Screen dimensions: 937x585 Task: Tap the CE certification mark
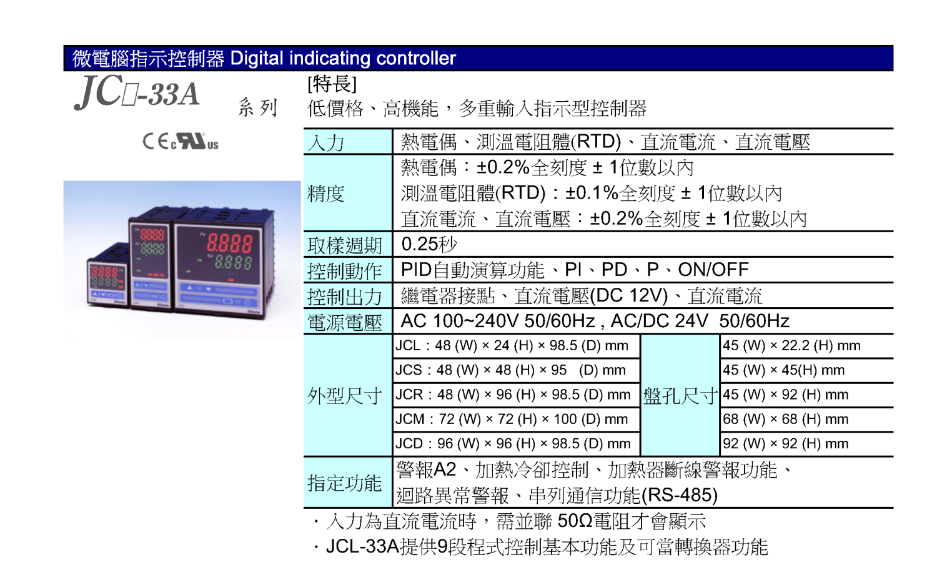click(156, 141)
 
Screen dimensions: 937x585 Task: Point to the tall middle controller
click(151, 258)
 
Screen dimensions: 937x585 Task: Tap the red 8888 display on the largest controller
click(230, 243)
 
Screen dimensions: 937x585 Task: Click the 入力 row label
click(325, 142)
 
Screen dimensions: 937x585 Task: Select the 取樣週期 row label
click(345, 245)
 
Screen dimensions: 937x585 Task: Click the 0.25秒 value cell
click(429, 244)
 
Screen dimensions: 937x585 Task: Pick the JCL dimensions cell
click(512, 346)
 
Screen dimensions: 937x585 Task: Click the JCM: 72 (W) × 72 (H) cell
click(512, 420)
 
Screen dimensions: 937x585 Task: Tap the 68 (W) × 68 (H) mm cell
click(786, 420)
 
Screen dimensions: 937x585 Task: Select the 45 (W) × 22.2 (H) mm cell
click(791, 346)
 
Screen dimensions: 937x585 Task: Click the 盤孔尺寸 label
click(680, 396)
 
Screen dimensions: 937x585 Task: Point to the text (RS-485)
click(680, 496)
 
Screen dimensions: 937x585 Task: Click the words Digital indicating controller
click(342, 59)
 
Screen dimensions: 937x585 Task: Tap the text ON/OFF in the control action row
click(713, 270)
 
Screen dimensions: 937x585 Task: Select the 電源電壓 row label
click(345, 322)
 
